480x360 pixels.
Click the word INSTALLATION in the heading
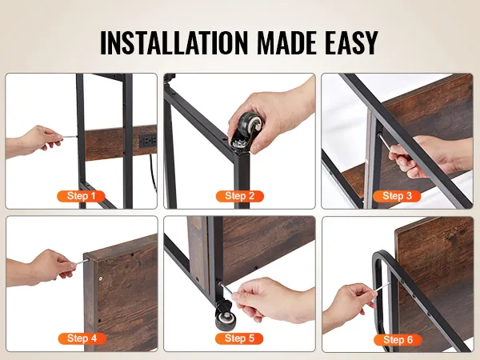[x=174, y=42]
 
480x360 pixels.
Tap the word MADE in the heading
[x=286, y=42]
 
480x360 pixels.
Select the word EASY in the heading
[x=351, y=42]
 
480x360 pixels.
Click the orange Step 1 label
[x=81, y=196]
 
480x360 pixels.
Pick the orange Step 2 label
[x=240, y=196]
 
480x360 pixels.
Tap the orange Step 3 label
[x=397, y=196]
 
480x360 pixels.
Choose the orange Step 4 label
[x=82, y=338]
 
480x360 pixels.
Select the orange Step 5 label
[x=239, y=338]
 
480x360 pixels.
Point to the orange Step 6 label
[x=398, y=339]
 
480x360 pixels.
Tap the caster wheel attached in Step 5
[x=226, y=316]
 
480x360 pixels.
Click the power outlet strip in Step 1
[x=148, y=141]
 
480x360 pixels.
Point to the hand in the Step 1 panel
[x=34, y=141]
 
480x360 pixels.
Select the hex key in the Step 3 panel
[x=385, y=143]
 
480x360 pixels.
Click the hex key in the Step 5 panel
[x=226, y=288]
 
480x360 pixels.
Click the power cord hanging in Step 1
[x=154, y=172]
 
